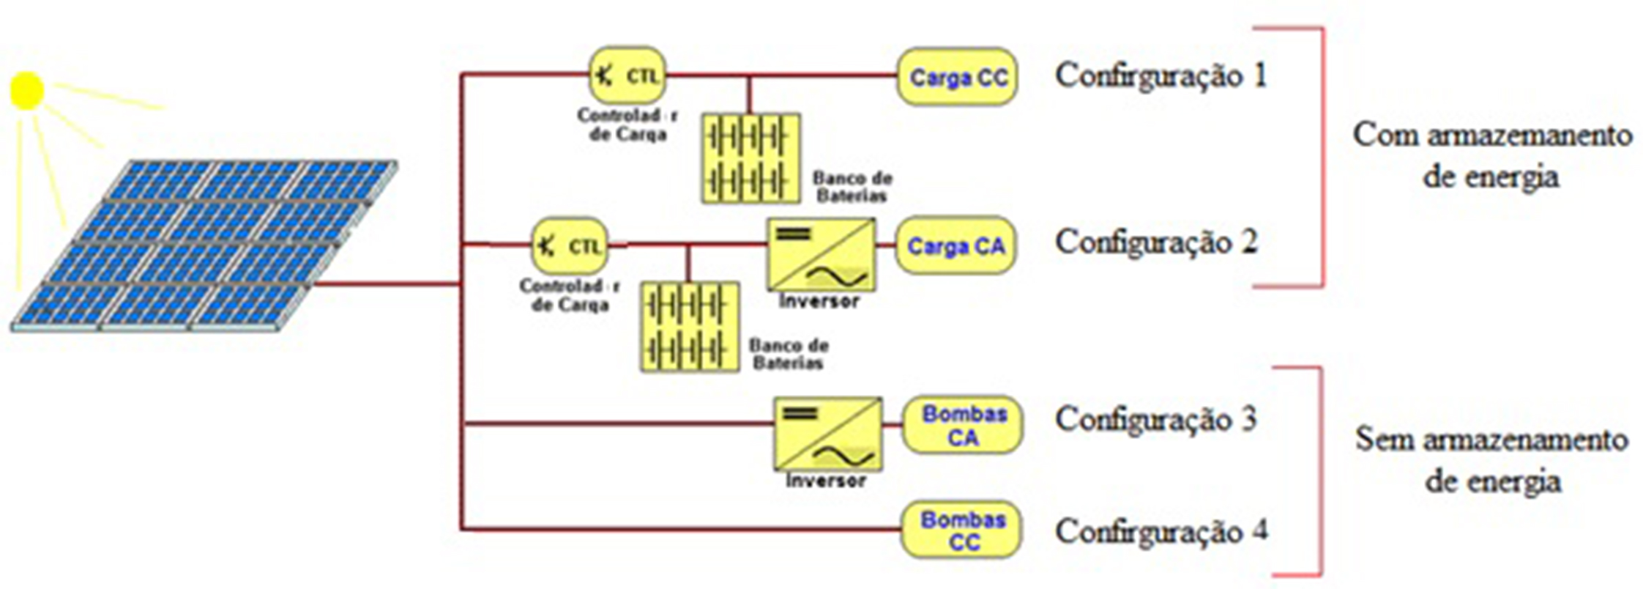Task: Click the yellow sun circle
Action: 27,91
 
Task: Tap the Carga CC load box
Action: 957,77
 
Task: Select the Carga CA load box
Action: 955,245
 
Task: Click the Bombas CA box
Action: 963,426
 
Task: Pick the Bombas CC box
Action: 961,530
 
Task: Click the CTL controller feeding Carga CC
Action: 627,75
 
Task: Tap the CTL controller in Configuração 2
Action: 570,245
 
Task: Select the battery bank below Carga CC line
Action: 750,158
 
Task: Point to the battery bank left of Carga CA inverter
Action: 689,327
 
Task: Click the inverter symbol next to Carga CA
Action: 821,254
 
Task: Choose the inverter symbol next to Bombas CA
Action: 828,434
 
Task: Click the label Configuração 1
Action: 1160,75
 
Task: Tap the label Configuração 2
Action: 1156,242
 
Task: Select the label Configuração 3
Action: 1155,420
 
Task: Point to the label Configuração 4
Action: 1160,531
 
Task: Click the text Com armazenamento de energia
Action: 1491,155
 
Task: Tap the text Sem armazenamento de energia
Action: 1491,460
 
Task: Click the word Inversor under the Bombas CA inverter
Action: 825,481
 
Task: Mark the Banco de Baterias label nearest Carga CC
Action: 852,187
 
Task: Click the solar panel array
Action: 205,245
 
